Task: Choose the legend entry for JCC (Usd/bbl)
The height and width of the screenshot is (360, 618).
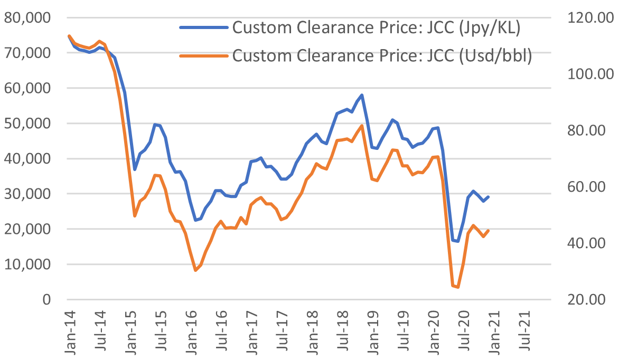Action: pos(380,55)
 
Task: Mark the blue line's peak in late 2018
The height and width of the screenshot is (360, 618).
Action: pos(362,95)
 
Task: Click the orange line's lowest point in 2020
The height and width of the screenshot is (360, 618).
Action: pos(457,287)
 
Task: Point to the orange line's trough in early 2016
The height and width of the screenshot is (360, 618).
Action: pos(195,270)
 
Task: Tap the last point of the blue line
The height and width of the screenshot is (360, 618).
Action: pos(489,197)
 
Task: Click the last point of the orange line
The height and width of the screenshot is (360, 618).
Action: pos(489,231)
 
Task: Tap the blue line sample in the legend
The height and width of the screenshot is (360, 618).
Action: pos(203,27)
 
